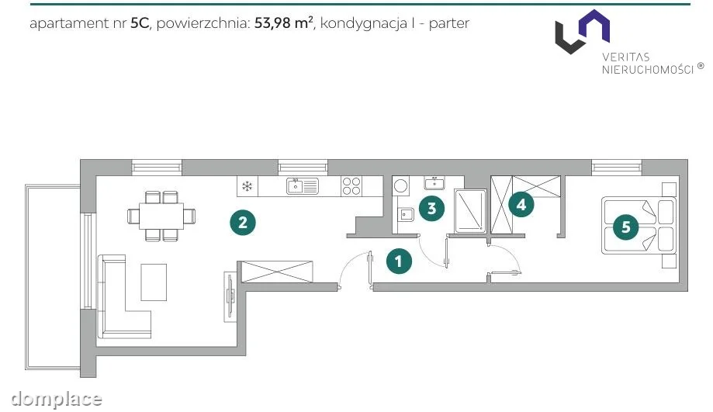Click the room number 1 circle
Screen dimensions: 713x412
pyautogui.click(x=399, y=261)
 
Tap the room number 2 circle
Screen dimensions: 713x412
pyautogui.click(x=243, y=223)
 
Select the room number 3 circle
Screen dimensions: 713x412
pyautogui.click(x=431, y=208)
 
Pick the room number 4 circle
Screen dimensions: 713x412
pyautogui.click(x=521, y=205)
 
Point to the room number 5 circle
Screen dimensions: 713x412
pyautogui.click(x=625, y=227)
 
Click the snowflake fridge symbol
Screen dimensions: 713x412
pyautogui.click(x=247, y=186)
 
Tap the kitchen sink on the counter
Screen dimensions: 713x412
pyautogui.click(x=303, y=186)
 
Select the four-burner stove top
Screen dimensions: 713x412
pyautogui.click(x=351, y=186)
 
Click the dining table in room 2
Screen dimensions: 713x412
pyautogui.click(x=161, y=216)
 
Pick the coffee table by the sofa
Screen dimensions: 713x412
pyautogui.click(x=154, y=282)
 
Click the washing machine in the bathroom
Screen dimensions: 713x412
pyautogui.click(x=400, y=186)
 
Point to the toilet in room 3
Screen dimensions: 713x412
pyautogui.click(x=406, y=213)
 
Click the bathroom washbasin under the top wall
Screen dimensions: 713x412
pyautogui.click(x=434, y=183)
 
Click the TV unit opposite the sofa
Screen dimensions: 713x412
pyautogui.click(x=230, y=297)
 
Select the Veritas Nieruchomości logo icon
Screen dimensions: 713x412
pyautogui.click(x=583, y=31)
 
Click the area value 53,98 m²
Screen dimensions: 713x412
pyautogui.click(x=284, y=23)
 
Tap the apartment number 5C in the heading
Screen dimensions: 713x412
pyautogui.click(x=140, y=23)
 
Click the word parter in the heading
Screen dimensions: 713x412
pyautogui.click(x=448, y=23)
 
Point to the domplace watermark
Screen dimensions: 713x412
pyautogui.click(x=57, y=399)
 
